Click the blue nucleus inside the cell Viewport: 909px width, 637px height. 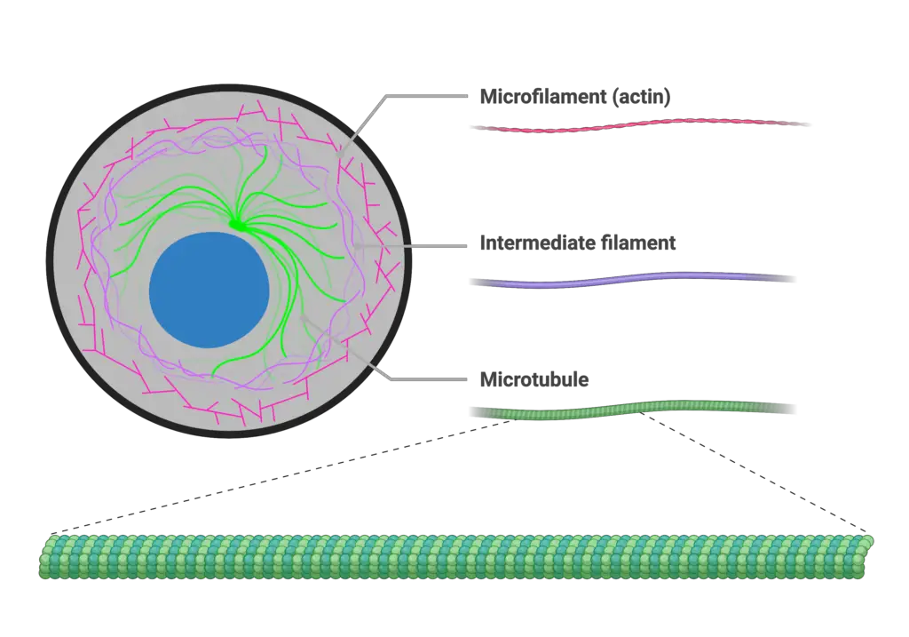click(209, 291)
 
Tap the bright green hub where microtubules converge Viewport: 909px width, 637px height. click(236, 224)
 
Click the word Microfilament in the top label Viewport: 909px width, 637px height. click(542, 96)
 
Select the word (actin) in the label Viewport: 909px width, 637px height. click(640, 97)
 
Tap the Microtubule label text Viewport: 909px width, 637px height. click(534, 379)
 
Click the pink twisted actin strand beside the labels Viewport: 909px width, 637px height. click(640, 124)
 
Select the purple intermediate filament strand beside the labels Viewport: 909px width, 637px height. click(632, 280)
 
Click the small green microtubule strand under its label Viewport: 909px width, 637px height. click(632, 409)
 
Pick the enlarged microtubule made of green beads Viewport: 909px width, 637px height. click(456, 556)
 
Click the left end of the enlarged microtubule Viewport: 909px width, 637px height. click(42, 558)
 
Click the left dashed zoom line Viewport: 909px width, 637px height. click(281, 476)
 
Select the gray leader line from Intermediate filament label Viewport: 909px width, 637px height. click(410, 246)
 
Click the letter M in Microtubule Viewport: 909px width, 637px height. click(488, 379)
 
